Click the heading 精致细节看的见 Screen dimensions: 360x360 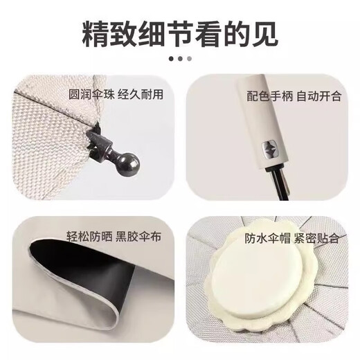[180, 32]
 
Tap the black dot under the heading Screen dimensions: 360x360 [172, 59]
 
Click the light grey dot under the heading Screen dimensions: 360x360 [189, 59]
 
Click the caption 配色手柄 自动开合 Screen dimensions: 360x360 [294, 96]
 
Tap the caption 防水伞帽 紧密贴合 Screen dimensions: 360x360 [292, 238]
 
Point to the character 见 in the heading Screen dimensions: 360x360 [264, 32]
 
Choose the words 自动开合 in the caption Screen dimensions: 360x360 [319, 96]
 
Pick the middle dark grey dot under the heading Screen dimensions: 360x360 [180, 59]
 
